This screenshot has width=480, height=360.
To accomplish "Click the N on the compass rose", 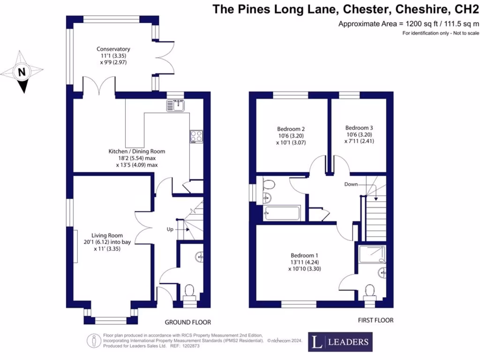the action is [22, 72].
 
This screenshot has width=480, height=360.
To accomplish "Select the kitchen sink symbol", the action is [175, 105].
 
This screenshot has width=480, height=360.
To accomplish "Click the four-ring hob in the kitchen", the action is [196, 136].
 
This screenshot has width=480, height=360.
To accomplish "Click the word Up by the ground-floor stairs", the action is [170, 229].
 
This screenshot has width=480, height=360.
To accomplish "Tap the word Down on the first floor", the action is [351, 184].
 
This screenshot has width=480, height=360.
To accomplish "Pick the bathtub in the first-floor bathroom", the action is [282, 213].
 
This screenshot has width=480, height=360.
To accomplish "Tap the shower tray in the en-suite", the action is [372, 254].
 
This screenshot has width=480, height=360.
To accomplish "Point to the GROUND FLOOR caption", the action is [187, 322].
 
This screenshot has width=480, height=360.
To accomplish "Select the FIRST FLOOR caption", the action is [375, 320].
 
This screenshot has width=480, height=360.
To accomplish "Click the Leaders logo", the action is [340, 342].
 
